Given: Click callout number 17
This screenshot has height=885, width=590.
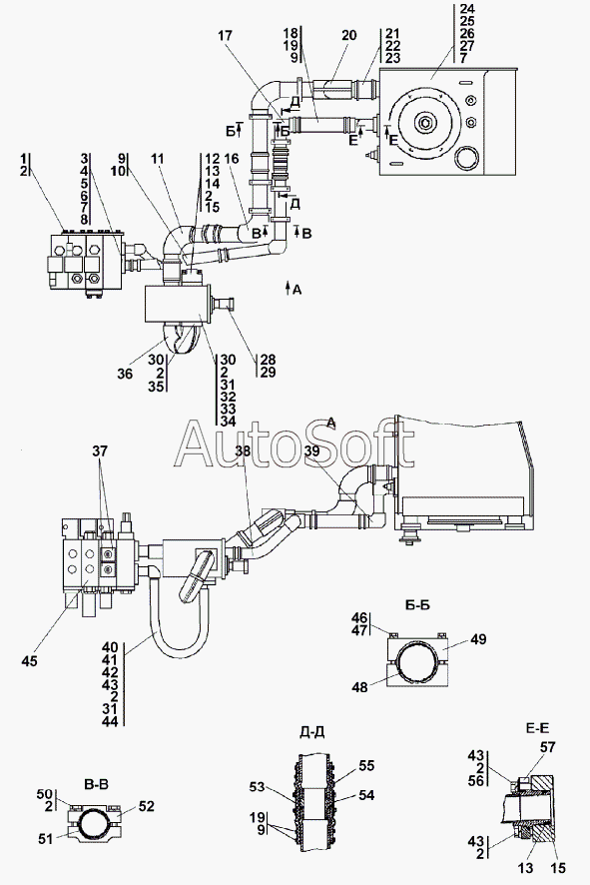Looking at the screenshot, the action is [x=225, y=36].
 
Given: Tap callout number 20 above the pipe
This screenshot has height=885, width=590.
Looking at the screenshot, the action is [x=349, y=36].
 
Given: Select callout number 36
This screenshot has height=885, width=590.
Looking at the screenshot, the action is [x=126, y=374].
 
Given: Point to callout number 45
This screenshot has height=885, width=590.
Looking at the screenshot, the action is [x=29, y=660].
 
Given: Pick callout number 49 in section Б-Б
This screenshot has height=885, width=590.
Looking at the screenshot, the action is [x=478, y=639].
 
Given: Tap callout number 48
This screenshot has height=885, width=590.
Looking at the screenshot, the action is [x=359, y=687].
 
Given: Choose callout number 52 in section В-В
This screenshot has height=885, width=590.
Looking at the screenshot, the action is [x=146, y=806].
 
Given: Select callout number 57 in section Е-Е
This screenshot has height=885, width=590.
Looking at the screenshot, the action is [x=548, y=747].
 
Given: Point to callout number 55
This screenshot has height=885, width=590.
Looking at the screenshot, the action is [x=366, y=766].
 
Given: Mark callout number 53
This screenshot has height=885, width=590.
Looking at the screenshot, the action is [x=258, y=786].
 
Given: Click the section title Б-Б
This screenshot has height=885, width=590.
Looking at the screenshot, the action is [x=417, y=605].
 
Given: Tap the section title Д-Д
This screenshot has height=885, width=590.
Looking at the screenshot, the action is [x=311, y=732].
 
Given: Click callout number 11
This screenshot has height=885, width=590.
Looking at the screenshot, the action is [x=158, y=160].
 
